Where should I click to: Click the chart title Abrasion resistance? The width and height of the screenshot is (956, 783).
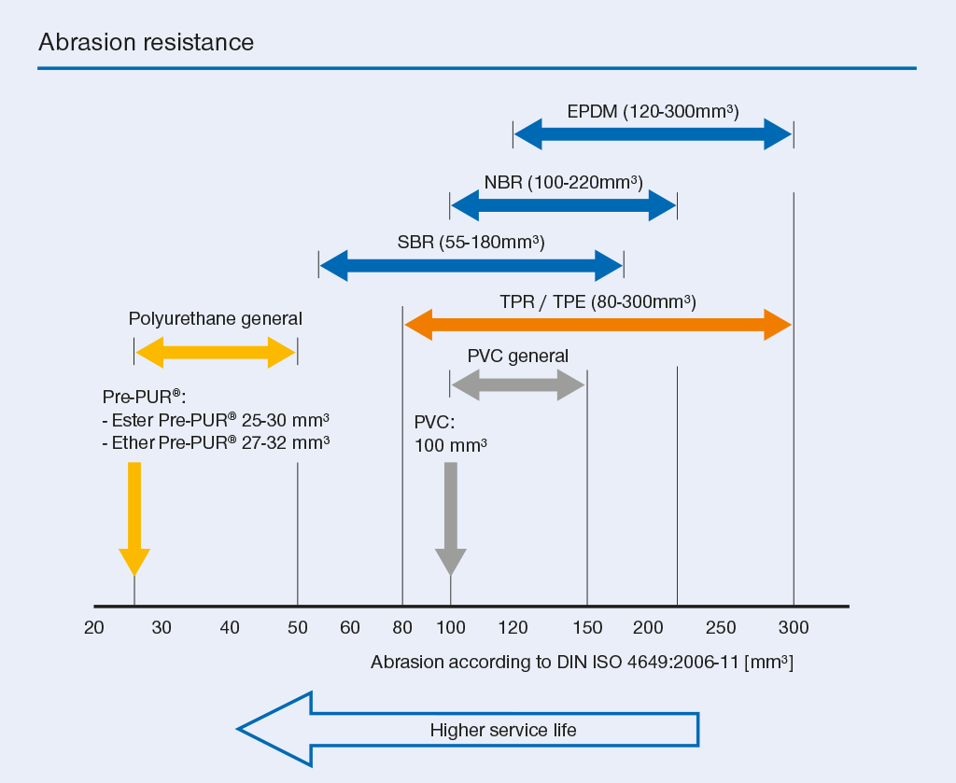(147, 42)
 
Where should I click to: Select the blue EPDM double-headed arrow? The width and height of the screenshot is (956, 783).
(653, 134)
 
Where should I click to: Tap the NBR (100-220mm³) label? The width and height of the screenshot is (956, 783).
(563, 182)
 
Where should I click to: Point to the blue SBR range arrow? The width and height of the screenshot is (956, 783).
(471, 266)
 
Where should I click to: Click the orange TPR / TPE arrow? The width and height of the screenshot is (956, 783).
(598, 325)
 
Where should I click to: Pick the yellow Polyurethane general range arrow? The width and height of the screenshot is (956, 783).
(216, 352)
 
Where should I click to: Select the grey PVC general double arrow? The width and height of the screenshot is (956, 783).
(518, 385)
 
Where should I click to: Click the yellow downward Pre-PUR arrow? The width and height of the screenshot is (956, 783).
(134, 519)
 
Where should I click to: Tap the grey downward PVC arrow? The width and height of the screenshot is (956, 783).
(451, 519)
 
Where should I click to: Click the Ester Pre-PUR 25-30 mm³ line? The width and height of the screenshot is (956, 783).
(216, 420)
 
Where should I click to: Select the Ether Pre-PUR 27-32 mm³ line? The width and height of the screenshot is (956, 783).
(216, 442)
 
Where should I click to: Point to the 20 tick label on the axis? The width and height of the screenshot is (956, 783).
(94, 628)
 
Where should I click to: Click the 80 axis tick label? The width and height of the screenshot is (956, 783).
(402, 628)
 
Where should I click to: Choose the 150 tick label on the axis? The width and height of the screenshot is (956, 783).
(587, 628)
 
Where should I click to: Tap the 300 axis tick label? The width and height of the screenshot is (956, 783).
(794, 628)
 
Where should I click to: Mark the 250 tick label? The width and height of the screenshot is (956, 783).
(721, 628)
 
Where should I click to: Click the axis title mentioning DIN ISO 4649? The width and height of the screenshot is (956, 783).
(583, 663)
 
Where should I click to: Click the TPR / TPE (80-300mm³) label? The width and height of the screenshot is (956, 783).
(598, 302)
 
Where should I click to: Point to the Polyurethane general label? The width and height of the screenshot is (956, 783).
(216, 318)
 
